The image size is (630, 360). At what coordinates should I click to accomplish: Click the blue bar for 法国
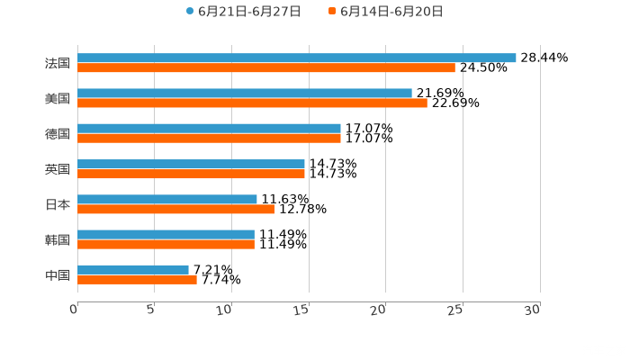(x=297, y=58)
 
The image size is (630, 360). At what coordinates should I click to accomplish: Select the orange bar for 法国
(x=266, y=67)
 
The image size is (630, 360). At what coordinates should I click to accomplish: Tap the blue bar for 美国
(x=245, y=93)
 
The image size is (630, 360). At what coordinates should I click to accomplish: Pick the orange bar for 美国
(x=252, y=103)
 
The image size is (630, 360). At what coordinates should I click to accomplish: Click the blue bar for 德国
(x=209, y=129)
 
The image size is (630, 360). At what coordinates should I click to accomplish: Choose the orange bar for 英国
(x=191, y=174)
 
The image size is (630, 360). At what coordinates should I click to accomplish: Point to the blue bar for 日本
(x=167, y=199)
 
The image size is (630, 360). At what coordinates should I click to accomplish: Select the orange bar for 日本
(x=175, y=209)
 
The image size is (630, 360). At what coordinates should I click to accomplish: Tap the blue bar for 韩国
(x=166, y=234)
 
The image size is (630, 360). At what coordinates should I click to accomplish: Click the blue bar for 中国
(x=133, y=269)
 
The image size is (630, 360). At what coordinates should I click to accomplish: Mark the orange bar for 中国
(x=137, y=279)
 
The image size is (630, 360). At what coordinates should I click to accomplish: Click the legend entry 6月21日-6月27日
(x=243, y=12)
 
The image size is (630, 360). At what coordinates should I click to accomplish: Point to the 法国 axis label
(x=58, y=63)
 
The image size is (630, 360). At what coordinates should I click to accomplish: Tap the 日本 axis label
(x=58, y=204)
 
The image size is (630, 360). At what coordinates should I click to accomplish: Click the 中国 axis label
(x=58, y=274)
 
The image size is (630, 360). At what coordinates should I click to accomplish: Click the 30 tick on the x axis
(x=533, y=310)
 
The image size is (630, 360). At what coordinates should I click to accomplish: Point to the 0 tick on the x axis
(x=75, y=310)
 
